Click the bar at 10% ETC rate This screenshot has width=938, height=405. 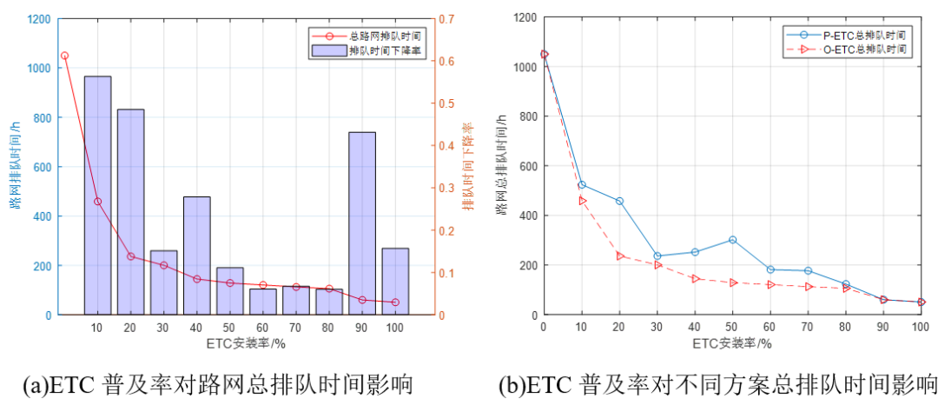pyautogui.click(x=97, y=196)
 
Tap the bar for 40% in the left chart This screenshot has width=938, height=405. pyautogui.click(x=196, y=256)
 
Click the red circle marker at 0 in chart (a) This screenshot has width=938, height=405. pyautogui.click(x=64, y=56)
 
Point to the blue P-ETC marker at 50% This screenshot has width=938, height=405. pyautogui.click(x=732, y=240)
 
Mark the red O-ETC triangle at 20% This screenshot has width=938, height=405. pyautogui.click(x=619, y=256)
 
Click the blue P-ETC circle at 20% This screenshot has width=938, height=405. pyautogui.click(x=619, y=201)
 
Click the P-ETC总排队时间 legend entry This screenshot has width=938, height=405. pyautogui.click(x=861, y=35)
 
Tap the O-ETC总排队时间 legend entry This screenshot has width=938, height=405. pyautogui.click(x=861, y=50)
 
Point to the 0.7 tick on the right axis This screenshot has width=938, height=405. pyautogui.click(x=443, y=19)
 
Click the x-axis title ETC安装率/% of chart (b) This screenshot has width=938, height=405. pyautogui.click(x=732, y=343)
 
